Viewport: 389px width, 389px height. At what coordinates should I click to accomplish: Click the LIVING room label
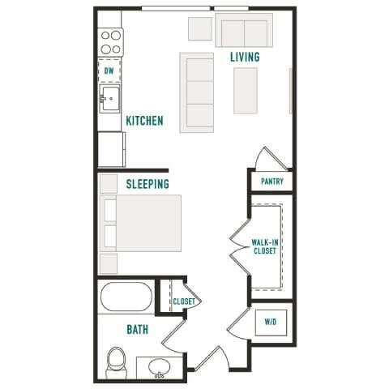[245, 57]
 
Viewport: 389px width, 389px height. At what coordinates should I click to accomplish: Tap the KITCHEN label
[144, 122]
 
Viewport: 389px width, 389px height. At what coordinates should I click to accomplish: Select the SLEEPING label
[147, 184]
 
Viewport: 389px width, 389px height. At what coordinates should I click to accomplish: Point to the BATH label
[136, 330]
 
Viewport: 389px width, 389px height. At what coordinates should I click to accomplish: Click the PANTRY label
[271, 182]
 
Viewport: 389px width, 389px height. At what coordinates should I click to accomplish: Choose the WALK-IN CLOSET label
[264, 246]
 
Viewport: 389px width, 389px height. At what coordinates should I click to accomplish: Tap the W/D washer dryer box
[270, 322]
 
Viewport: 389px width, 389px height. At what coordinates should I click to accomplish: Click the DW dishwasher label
[109, 71]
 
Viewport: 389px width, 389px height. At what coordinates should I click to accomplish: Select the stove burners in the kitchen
[110, 42]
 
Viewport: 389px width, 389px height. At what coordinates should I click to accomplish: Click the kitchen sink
[110, 101]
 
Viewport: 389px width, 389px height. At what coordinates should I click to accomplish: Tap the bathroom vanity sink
[160, 369]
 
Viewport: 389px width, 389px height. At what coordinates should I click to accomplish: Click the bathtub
[126, 297]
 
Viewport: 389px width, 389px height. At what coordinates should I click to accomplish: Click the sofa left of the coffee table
[197, 92]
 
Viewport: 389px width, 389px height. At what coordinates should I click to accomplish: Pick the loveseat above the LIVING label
[242, 32]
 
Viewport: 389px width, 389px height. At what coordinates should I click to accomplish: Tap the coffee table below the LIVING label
[246, 90]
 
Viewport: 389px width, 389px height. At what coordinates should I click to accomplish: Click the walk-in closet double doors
[241, 247]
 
